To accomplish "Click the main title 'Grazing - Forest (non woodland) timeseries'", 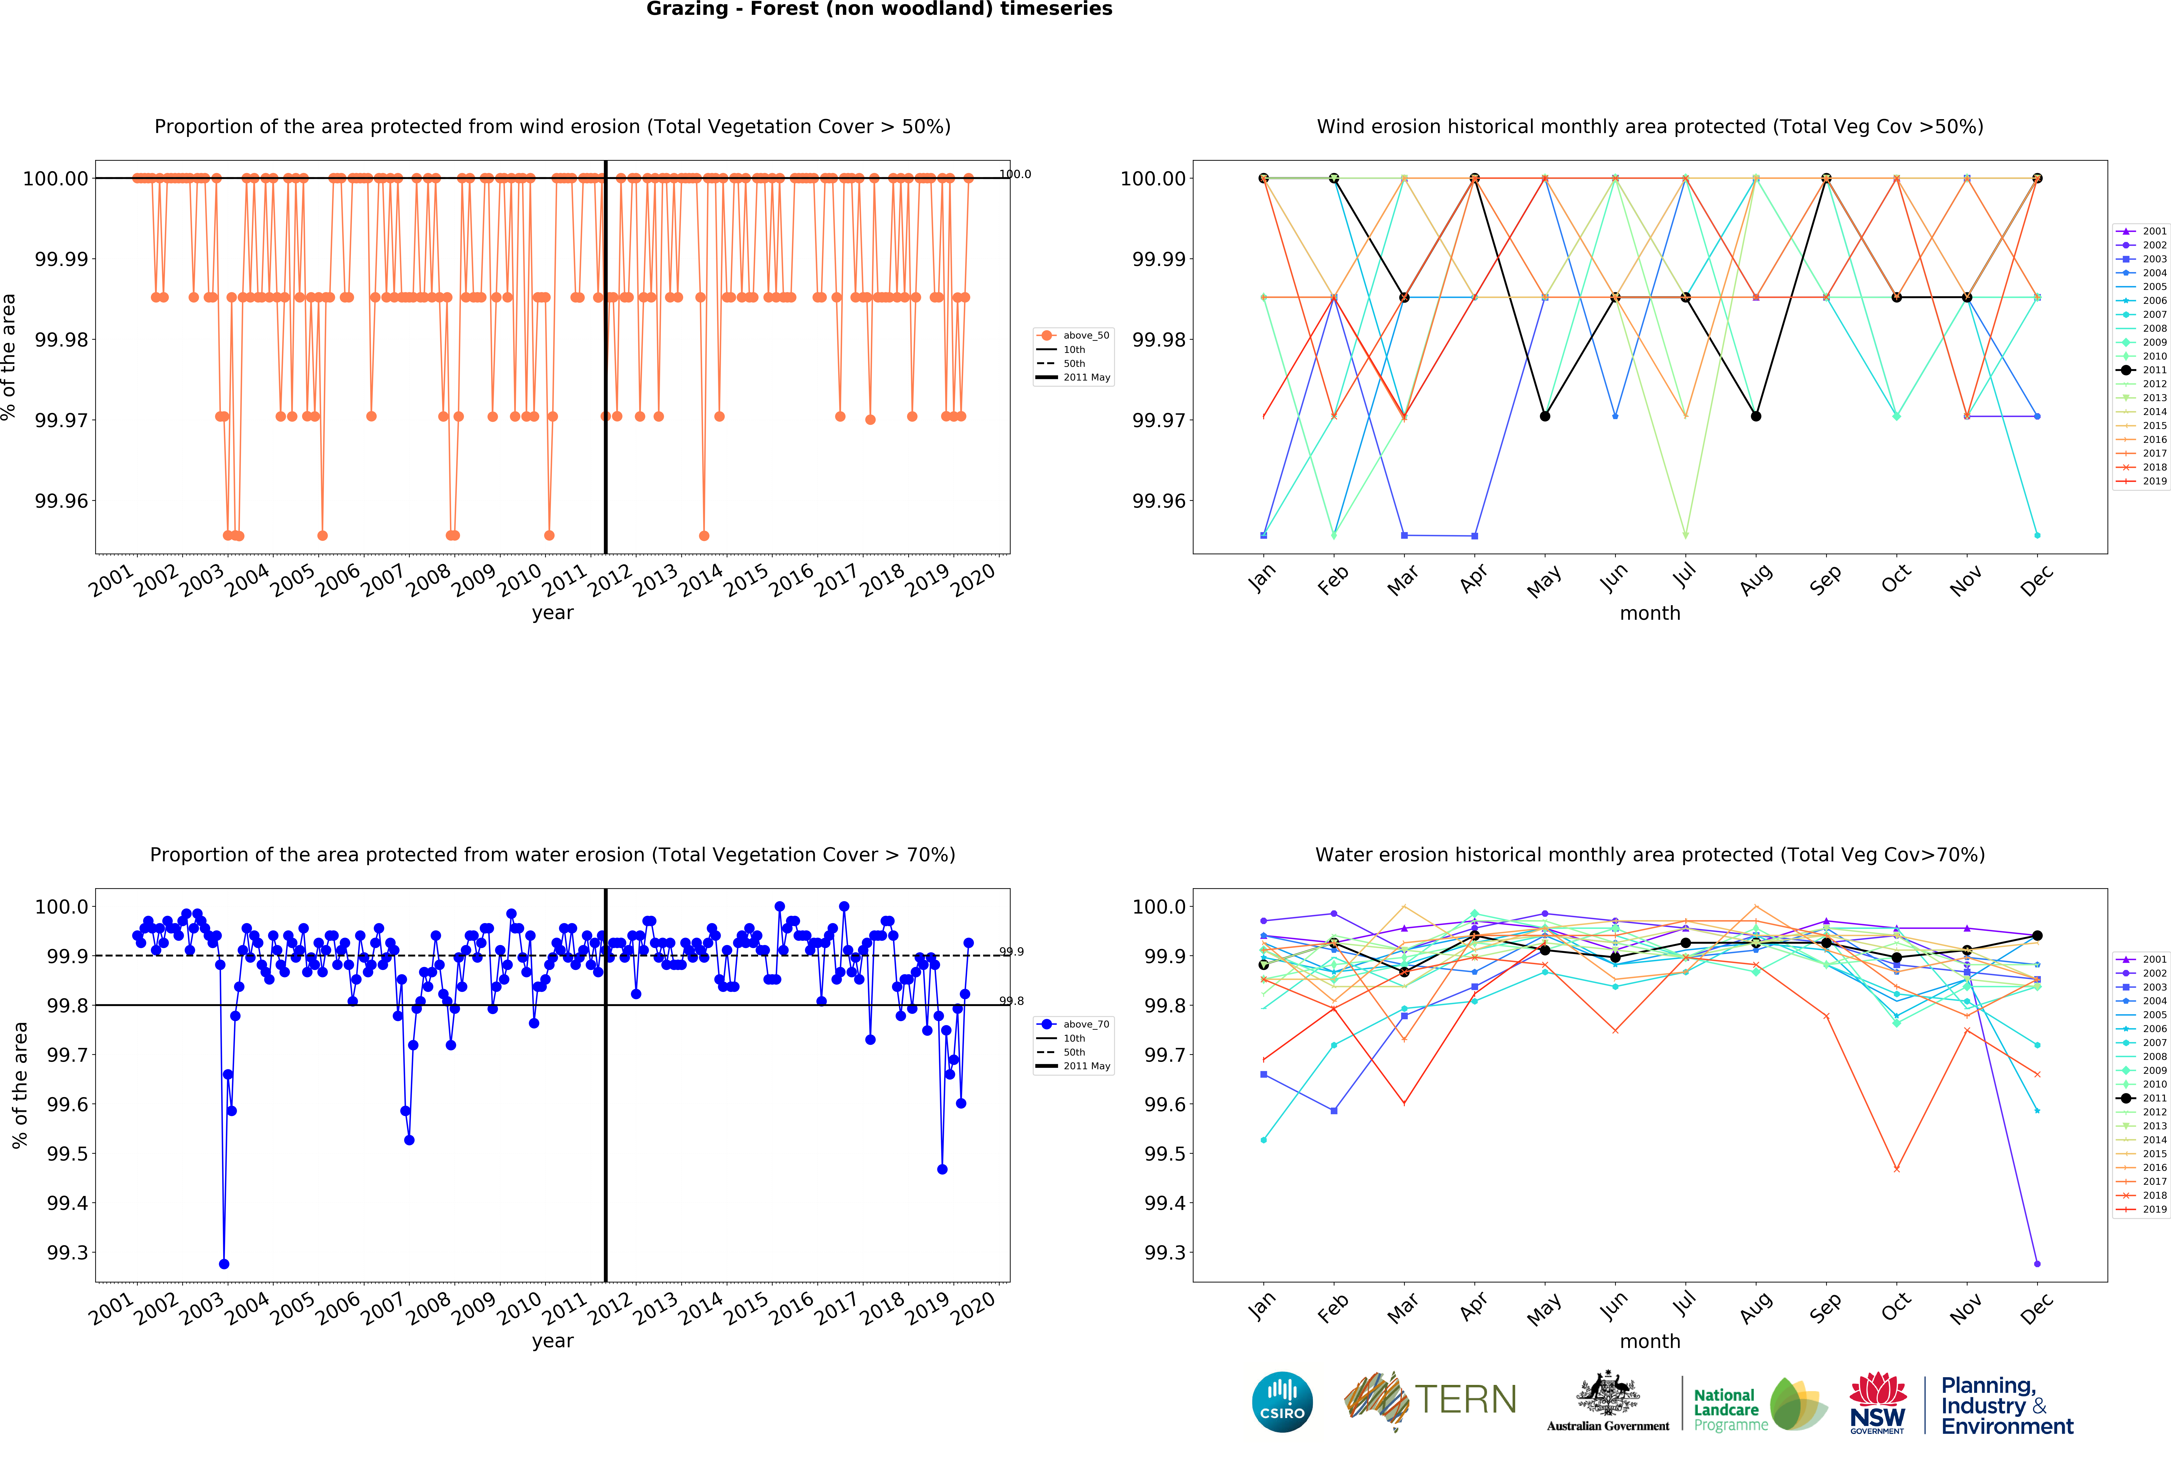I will click(879, 9).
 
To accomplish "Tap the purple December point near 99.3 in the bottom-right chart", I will click(2037, 1264).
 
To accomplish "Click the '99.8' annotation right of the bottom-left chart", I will click(1012, 1001).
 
